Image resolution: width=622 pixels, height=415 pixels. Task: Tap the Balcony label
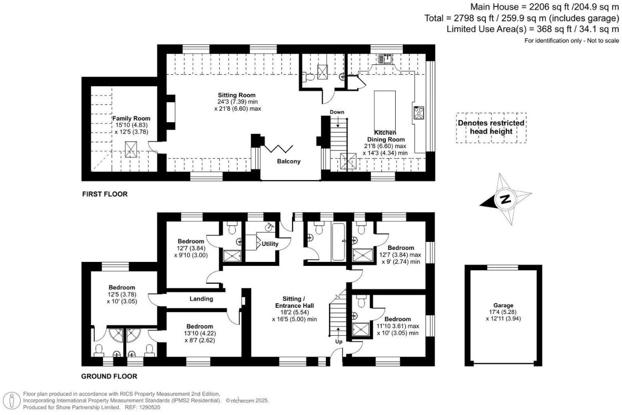pos(289,162)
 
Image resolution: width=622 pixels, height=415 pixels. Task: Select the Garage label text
pos(502,305)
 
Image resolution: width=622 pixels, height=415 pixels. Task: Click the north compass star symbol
pos(505,200)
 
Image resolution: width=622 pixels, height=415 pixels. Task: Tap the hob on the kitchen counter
pos(418,113)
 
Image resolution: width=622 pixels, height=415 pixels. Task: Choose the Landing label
pos(201,299)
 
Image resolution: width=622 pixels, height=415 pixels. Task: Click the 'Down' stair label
pos(337,112)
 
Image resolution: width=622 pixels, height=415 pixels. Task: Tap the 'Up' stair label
pos(338,342)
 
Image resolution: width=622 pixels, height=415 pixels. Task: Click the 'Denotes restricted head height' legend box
pos(491,127)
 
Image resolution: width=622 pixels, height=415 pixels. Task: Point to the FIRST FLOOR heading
pos(105,195)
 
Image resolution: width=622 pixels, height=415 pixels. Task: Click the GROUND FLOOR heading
pos(109,377)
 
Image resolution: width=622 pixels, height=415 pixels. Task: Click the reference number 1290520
pos(148,408)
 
